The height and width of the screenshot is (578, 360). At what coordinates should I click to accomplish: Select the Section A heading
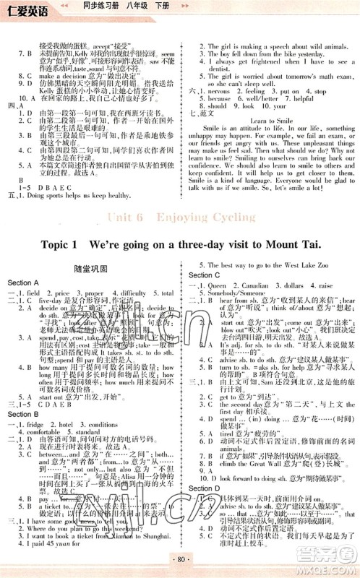tap(23, 282)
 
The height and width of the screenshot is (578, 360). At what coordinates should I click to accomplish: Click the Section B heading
tap(23, 414)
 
